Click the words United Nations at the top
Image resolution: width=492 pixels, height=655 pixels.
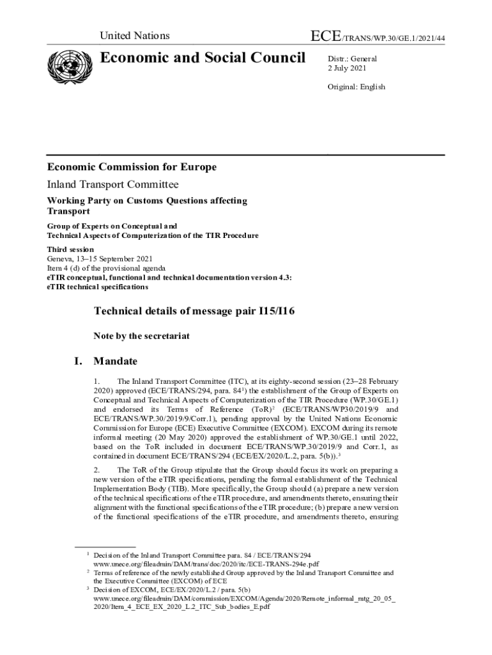pyautogui.click(x=135, y=36)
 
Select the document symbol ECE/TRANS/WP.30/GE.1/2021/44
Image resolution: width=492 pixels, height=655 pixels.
pyautogui.click(x=377, y=37)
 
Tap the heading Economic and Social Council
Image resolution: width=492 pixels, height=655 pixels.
pyautogui.click(x=203, y=58)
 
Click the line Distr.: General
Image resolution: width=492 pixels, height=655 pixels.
pyautogui.click(x=352, y=59)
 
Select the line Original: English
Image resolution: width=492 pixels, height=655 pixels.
pyautogui.click(x=357, y=87)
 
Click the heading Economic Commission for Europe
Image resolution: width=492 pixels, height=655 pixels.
pyautogui.click(x=132, y=168)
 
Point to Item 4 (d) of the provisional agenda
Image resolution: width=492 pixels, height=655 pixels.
pyautogui.click(x=106, y=269)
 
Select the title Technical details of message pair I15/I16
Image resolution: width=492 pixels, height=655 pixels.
pyautogui.click(x=194, y=312)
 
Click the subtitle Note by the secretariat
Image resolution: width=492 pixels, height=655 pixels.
pyautogui.click(x=141, y=336)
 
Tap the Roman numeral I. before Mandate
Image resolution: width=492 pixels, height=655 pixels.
pyautogui.click(x=78, y=361)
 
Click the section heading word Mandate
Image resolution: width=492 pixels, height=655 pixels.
pyautogui.click(x=118, y=361)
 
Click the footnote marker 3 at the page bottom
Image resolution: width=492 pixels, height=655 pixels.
pyautogui.click(x=87, y=588)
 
